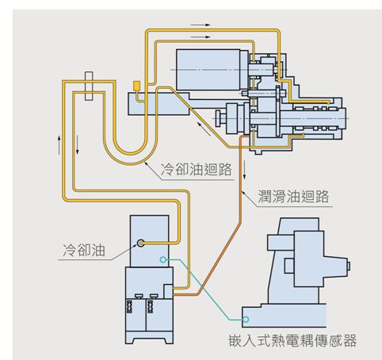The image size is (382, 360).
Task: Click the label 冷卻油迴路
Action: click(x=197, y=170)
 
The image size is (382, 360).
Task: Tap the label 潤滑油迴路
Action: click(x=293, y=197)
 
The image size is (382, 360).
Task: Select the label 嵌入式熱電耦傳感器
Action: click(x=292, y=340)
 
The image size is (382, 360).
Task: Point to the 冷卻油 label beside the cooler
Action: click(x=84, y=250)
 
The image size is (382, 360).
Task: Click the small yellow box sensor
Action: click(x=137, y=86)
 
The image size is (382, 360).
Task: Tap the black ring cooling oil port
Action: click(x=140, y=243)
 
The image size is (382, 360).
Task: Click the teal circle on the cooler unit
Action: click(x=163, y=259)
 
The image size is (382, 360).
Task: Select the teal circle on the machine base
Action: click(x=246, y=320)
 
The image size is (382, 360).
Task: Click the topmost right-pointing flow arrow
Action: click(x=201, y=25)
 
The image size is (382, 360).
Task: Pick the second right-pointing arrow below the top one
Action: click(x=201, y=37)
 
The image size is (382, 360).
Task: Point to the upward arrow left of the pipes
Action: click(x=59, y=145)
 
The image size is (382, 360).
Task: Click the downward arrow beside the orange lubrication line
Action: click(x=245, y=170)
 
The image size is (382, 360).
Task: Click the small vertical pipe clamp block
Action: click(x=89, y=86)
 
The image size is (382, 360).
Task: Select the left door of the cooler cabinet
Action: click(x=136, y=315)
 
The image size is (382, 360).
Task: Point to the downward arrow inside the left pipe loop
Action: click(x=78, y=144)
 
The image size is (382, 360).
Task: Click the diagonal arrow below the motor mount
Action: click(x=204, y=129)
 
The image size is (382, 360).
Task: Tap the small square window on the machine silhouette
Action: click(x=289, y=266)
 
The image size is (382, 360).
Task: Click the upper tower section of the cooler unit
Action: click(x=149, y=241)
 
